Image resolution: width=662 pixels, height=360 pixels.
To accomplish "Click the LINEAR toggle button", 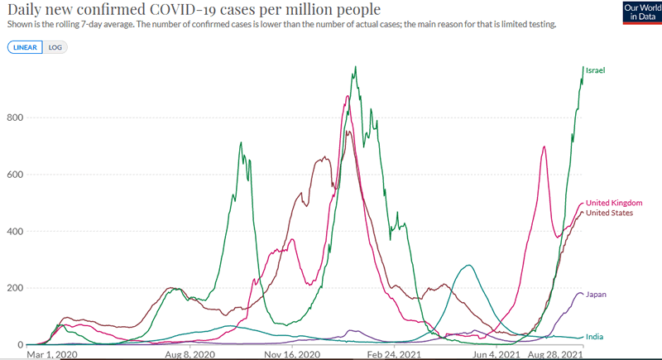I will (x=26, y=47).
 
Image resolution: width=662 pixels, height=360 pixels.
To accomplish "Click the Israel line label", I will (x=596, y=70).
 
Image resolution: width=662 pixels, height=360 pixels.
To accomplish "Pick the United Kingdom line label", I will (x=614, y=203).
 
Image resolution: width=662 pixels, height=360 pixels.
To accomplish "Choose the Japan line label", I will (x=597, y=294).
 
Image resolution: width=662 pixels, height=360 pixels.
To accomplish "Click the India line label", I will (x=594, y=337).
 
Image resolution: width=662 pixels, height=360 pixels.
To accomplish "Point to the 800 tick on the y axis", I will (x=14, y=118).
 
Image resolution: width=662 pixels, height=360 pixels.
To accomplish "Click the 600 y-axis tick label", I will (x=14, y=175).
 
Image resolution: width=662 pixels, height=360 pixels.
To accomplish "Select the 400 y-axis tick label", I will (x=14, y=231).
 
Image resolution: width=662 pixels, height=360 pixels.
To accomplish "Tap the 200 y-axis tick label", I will (x=14, y=288).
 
